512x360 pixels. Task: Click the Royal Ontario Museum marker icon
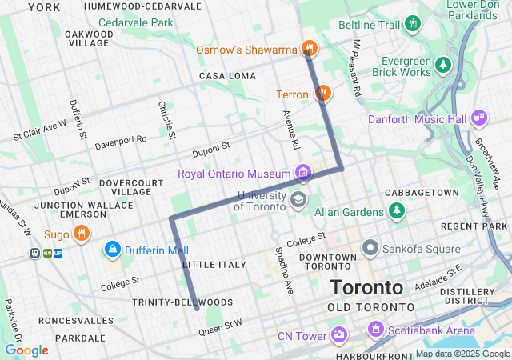[x=302, y=172]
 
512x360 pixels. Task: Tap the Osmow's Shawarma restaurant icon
[x=310, y=50]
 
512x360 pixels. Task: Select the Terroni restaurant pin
[x=322, y=94]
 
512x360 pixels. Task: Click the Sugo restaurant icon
[x=81, y=234]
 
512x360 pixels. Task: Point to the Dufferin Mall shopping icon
[x=112, y=250]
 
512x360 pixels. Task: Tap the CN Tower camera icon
[x=339, y=334]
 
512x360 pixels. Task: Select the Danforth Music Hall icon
[x=479, y=118]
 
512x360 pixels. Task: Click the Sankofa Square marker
[x=370, y=247]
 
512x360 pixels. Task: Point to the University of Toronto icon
[x=298, y=198]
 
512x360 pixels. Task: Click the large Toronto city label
[x=367, y=287]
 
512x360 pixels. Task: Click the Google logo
[x=26, y=350]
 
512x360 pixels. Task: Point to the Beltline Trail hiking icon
[x=413, y=24]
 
